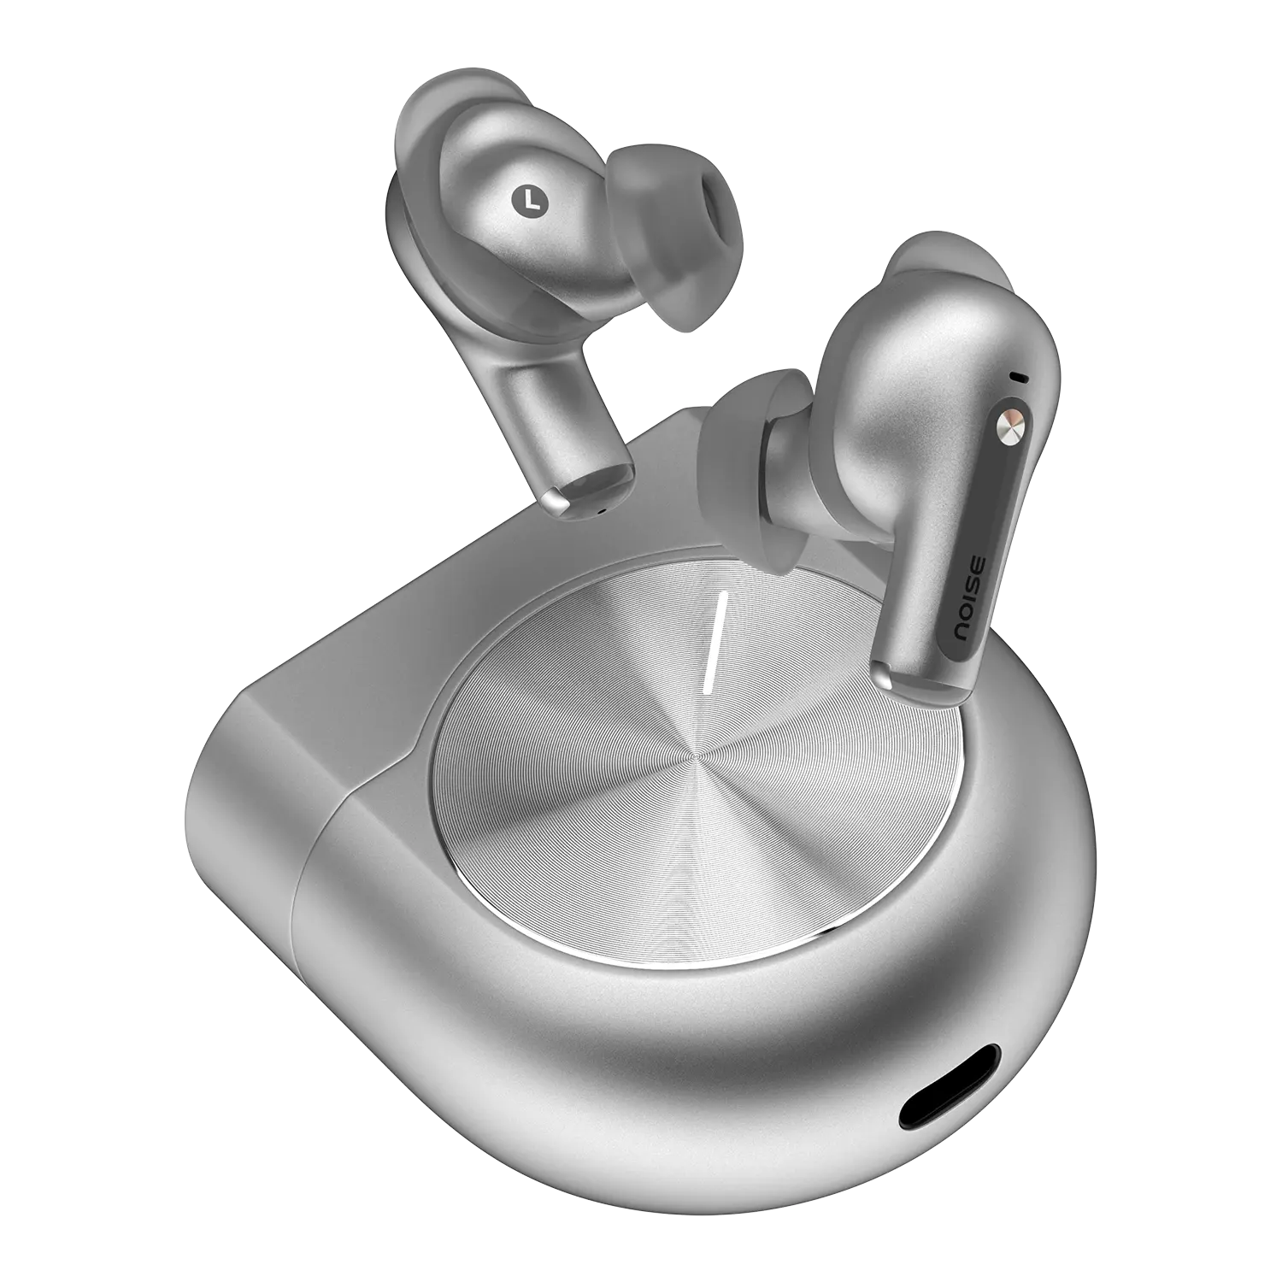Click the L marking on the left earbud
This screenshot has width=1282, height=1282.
(x=530, y=199)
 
